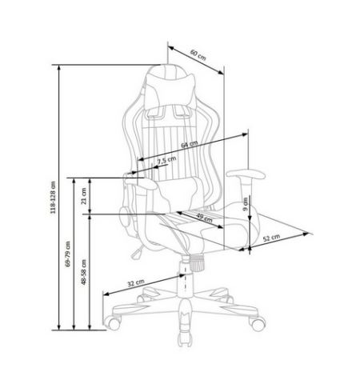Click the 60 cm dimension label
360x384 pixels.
click(x=198, y=54)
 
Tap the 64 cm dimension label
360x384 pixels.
click(x=190, y=144)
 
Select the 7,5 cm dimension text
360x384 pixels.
click(x=166, y=160)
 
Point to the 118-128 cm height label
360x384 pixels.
click(x=53, y=198)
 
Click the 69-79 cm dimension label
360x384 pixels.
click(x=68, y=254)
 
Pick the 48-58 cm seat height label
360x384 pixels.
click(x=84, y=272)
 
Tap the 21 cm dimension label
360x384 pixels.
click(x=84, y=196)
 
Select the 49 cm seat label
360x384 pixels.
click(x=204, y=218)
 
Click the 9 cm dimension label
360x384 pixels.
click(x=246, y=204)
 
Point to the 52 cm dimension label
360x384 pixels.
click(x=271, y=238)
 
